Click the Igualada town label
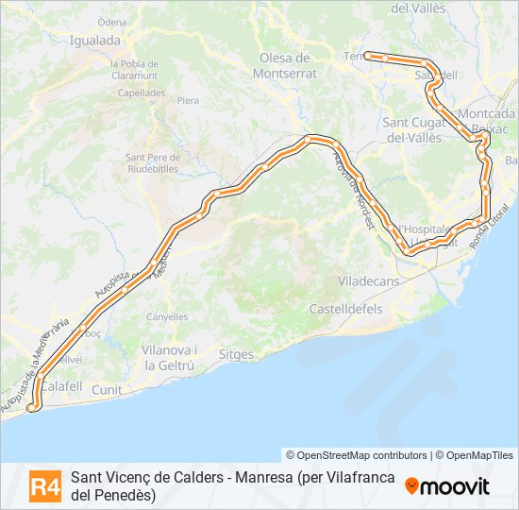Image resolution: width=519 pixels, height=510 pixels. (x=95, y=41)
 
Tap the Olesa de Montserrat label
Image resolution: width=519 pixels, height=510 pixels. (x=288, y=64)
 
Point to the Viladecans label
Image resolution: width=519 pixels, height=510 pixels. (x=369, y=281)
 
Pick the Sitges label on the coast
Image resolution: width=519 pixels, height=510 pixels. (x=236, y=355)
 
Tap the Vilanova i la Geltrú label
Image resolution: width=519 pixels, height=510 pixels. (x=169, y=357)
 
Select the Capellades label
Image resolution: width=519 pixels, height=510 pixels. (x=142, y=93)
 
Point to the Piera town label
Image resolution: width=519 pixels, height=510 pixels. (x=188, y=99)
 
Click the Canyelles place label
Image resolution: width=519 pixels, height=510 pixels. (x=167, y=317)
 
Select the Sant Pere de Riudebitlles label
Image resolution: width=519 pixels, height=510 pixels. (x=151, y=162)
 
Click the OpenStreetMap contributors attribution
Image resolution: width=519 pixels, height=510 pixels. (x=357, y=455)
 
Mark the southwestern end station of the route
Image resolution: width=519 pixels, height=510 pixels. (x=33, y=407)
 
